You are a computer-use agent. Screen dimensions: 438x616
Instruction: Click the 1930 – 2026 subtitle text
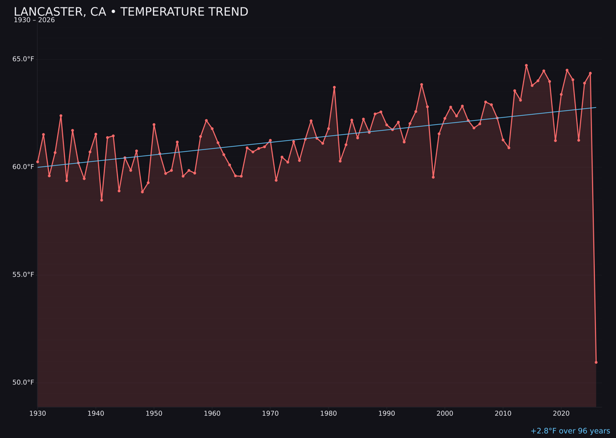pyautogui.click(x=34, y=21)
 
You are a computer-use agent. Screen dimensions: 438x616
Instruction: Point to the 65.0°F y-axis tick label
pyautogui.click(x=23, y=59)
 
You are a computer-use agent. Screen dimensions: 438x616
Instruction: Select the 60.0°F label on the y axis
pyautogui.click(x=23, y=167)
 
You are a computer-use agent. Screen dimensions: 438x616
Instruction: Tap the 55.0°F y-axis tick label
pyautogui.click(x=23, y=275)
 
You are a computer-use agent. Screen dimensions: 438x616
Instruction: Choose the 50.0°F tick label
pyautogui.click(x=23, y=383)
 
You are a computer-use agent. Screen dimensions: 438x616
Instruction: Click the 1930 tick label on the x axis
pyautogui.click(x=38, y=413)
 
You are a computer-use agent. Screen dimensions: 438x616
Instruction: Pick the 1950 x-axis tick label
pyautogui.click(x=154, y=413)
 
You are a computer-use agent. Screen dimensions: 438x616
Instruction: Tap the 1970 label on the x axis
pyautogui.click(x=270, y=413)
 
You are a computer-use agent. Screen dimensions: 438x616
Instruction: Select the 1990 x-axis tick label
pyautogui.click(x=387, y=413)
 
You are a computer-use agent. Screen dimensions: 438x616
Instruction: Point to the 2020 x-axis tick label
pyautogui.click(x=561, y=413)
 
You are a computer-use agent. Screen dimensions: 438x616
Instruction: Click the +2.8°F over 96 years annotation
pyautogui.click(x=570, y=431)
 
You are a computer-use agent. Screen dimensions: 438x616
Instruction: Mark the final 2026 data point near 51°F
pyautogui.click(x=596, y=362)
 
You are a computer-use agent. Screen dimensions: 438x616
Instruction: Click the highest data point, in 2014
pyautogui.click(x=526, y=66)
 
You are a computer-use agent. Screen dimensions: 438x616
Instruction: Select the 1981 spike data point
pyautogui.click(x=334, y=87)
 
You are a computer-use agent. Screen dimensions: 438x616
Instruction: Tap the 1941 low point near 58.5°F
pyautogui.click(x=102, y=200)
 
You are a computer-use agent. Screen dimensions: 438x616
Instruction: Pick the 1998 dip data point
pyautogui.click(x=433, y=177)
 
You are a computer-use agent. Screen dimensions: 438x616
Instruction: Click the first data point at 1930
pyautogui.click(x=38, y=162)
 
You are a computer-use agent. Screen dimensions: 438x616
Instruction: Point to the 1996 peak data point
pyautogui.click(x=422, y=84)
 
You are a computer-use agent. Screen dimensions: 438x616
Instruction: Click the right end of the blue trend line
pyautogui.click(x=596, y=107)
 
